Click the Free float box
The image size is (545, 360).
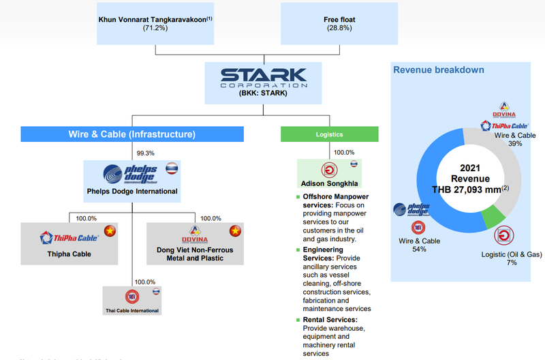[x=339, y=24]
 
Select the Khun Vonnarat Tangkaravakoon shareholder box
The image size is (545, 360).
[x=155, y=24]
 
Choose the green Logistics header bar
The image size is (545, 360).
[x=329, y=134]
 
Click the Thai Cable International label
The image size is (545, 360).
[x=131, y=310]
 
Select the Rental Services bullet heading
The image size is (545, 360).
[x=330, y=320]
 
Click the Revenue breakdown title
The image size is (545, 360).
[x=429, y=70]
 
